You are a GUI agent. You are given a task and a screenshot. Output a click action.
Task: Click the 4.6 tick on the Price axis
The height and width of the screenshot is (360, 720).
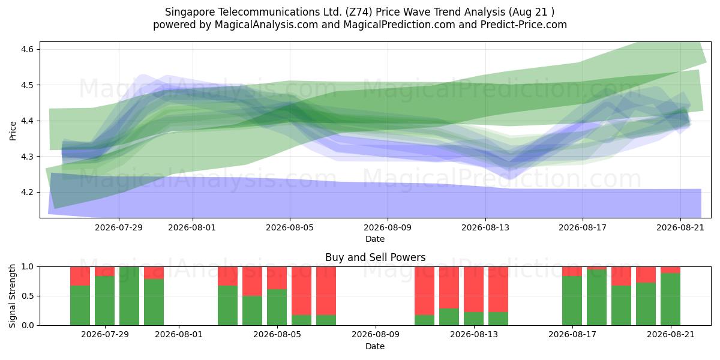click(x=28, y=49)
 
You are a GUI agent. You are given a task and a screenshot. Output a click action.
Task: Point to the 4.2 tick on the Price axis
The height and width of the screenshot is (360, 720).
click(x=28, y=193)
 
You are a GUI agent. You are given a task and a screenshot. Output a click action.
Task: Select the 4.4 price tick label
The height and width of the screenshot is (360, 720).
click(x=28, y=121)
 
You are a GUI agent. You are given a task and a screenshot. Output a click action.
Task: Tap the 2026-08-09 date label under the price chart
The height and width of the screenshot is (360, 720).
click(x=388, y=227)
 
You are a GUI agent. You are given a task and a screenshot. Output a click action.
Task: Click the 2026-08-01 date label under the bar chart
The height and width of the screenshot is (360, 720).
click(x=179, y=335)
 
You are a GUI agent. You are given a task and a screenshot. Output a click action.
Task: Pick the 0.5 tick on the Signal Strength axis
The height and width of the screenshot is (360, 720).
click(x=28, y=296)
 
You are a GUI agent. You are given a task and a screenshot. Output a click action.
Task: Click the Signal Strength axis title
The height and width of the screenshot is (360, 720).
click(x=12, y=296)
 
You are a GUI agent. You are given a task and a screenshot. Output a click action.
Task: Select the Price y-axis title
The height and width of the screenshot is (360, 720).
click(x=13, y=131)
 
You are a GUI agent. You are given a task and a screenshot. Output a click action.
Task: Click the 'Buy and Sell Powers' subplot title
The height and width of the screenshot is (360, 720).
click(x=375, y=257)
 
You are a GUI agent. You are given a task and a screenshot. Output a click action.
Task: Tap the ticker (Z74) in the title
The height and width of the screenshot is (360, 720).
click(x=359, y=12)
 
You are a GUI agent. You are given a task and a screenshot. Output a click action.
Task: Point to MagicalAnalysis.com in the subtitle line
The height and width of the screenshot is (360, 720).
click(x=266, y=25)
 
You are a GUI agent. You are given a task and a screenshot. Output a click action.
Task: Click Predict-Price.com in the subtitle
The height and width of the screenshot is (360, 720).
click(x=524, y=25)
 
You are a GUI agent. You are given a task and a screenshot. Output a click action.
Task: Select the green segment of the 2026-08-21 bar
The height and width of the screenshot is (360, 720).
click(x=670, y=299)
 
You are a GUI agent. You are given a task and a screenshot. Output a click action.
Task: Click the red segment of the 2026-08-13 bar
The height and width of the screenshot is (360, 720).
click(x=473, y=289)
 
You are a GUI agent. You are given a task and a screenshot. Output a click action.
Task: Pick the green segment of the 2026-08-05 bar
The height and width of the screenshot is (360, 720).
click(x=277, y=307)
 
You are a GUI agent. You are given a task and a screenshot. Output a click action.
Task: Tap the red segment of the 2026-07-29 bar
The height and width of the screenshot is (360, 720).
click(x=104, y=271)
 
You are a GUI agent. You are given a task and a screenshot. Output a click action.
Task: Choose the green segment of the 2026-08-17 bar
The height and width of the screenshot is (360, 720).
click(x=572, y=301)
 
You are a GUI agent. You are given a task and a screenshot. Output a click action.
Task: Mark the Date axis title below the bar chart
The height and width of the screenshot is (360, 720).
click(x=375, y=346)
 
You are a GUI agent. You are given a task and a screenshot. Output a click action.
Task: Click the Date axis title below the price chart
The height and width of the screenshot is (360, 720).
click(x=375, y=239)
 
